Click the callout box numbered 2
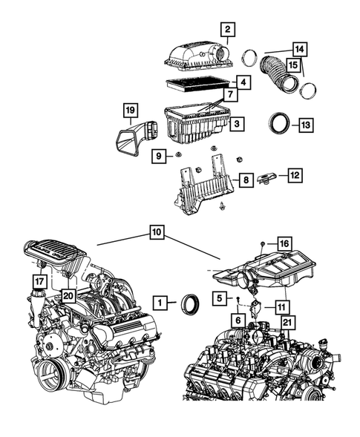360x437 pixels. tap(228, 30)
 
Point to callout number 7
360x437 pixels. tap(232, 95)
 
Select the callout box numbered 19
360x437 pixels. tap(130, 113)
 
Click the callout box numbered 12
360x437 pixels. tap(295, 176)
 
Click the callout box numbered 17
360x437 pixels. tap(39, 281)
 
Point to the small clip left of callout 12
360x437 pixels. tap(266, 178)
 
